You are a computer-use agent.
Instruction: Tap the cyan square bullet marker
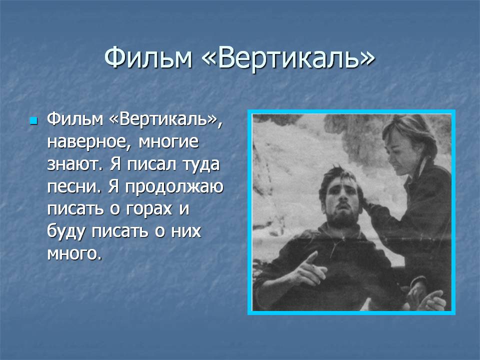[33, 120]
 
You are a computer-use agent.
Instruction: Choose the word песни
[73, 186]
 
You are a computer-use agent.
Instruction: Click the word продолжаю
[174, 187]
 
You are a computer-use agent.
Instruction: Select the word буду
[66, 232]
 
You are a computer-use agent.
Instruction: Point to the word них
[186, 231]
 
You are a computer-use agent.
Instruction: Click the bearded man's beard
[341, 216]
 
